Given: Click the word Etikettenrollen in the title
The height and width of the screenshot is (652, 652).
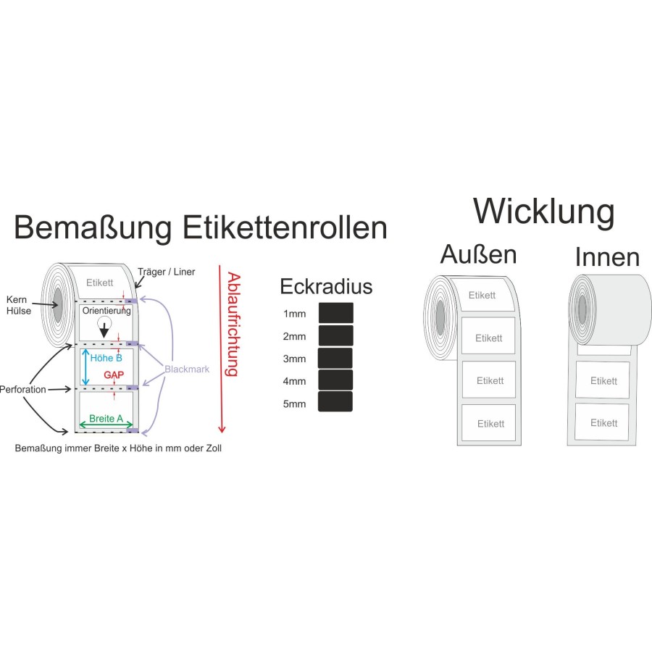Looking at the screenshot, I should (284, 228).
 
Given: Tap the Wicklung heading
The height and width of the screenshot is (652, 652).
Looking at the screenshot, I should (543, 212).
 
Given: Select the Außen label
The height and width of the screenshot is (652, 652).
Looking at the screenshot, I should (479, 255).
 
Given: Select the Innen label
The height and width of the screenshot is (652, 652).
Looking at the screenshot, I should (607, 257).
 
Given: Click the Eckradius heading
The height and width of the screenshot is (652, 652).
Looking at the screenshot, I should (326, 287).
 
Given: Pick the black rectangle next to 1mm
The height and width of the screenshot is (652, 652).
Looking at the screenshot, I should (336, 313).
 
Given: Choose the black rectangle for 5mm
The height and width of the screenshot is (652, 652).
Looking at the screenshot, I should (335, 402).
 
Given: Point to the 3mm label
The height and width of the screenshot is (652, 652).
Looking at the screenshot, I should (294, 359).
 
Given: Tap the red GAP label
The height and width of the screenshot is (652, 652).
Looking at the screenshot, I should (112, 375).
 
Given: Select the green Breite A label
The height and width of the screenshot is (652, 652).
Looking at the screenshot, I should (106, 419).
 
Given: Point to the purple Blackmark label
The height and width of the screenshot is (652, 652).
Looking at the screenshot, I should (187, 369).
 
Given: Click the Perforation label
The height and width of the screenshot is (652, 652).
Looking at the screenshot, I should (23, 390).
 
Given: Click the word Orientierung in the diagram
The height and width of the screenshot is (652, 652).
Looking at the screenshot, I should (106, 312).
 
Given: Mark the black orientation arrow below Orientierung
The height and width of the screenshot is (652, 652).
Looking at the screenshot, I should (105, 330).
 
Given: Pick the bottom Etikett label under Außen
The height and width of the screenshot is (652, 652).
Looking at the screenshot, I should (490, 423).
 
